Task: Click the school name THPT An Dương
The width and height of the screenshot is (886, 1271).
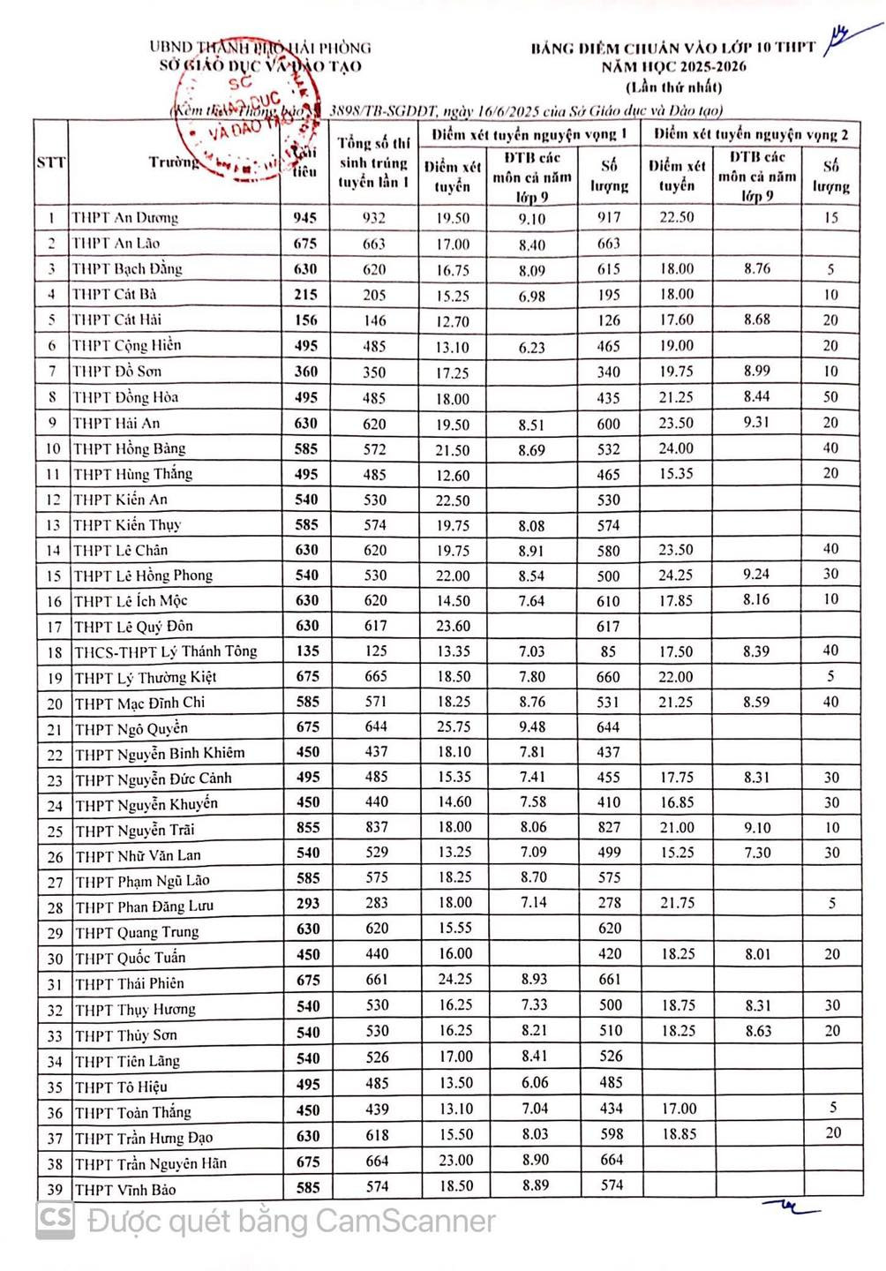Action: pos(125,218)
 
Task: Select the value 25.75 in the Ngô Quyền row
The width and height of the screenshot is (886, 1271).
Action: pos(454,727)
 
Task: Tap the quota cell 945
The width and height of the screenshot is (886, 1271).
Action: pos(305,218)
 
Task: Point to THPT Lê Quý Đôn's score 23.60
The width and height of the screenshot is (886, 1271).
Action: pos(453,626)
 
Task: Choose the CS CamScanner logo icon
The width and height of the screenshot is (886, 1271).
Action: pos(55,1222)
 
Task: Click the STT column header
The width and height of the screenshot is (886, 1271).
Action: pos(51,162)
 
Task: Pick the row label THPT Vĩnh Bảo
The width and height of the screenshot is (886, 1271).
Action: pos(125,1190)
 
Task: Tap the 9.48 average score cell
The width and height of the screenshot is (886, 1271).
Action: pos(531,727)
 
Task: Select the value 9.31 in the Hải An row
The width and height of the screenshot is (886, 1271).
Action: pos(756,423)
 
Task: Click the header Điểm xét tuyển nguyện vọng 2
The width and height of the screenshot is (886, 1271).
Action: pos(751,134)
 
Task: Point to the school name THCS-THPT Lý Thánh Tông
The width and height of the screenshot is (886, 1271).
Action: pos(166,651)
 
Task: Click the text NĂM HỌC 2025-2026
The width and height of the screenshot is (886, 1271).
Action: pos(673,67)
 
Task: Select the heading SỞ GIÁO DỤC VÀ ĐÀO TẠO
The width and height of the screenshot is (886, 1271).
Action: pos(260,66)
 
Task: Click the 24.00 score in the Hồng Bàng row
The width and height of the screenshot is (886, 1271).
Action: pos(676,448)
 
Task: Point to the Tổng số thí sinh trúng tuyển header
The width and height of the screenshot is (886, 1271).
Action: pos(374,162)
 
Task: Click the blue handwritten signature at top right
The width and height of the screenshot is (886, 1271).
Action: pos(843,39)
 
